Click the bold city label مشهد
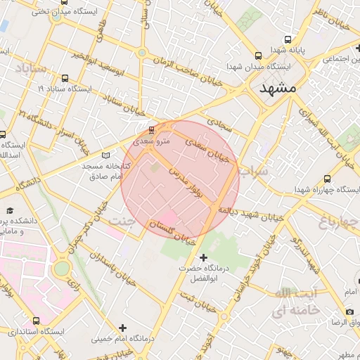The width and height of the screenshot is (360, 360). pyautogui.click(x=278, y=90)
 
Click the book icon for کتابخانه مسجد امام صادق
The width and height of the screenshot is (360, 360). pyautogui.click(x=106, y=155)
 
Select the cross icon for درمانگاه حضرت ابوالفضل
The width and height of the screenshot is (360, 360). pyautogui.click(x=204, y=258)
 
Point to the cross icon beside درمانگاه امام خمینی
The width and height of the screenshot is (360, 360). pyautogui.click(x=123, y=328)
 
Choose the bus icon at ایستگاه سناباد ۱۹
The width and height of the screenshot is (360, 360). pyautogui.click(x=65, y=78)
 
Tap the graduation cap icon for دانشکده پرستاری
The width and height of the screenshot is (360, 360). pyautogui.click(x=11, y=211)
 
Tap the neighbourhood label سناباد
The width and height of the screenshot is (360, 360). pyautogui.click(x=30, y=68)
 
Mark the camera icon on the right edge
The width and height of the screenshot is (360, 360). pyautogui.click(x=350, y=311)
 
